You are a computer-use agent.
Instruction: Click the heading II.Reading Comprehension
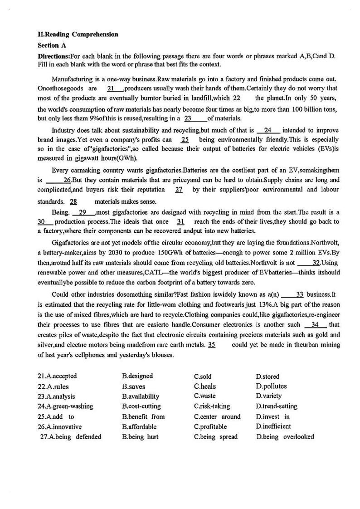[78, 34]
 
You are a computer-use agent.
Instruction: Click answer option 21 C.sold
[203, 377]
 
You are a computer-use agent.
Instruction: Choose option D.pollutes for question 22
[271, 387]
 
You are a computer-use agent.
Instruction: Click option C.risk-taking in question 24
[212, 406]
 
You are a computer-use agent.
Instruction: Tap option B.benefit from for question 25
[143, 416]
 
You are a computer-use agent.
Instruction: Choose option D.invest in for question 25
[273, 416]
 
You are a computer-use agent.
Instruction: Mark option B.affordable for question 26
[139, 426]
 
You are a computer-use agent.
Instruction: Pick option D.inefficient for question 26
[273, 426]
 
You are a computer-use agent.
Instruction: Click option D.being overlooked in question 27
[285, 437]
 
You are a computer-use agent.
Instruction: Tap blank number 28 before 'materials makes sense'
[73, 201]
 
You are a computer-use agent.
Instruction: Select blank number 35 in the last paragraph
[212, 345]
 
